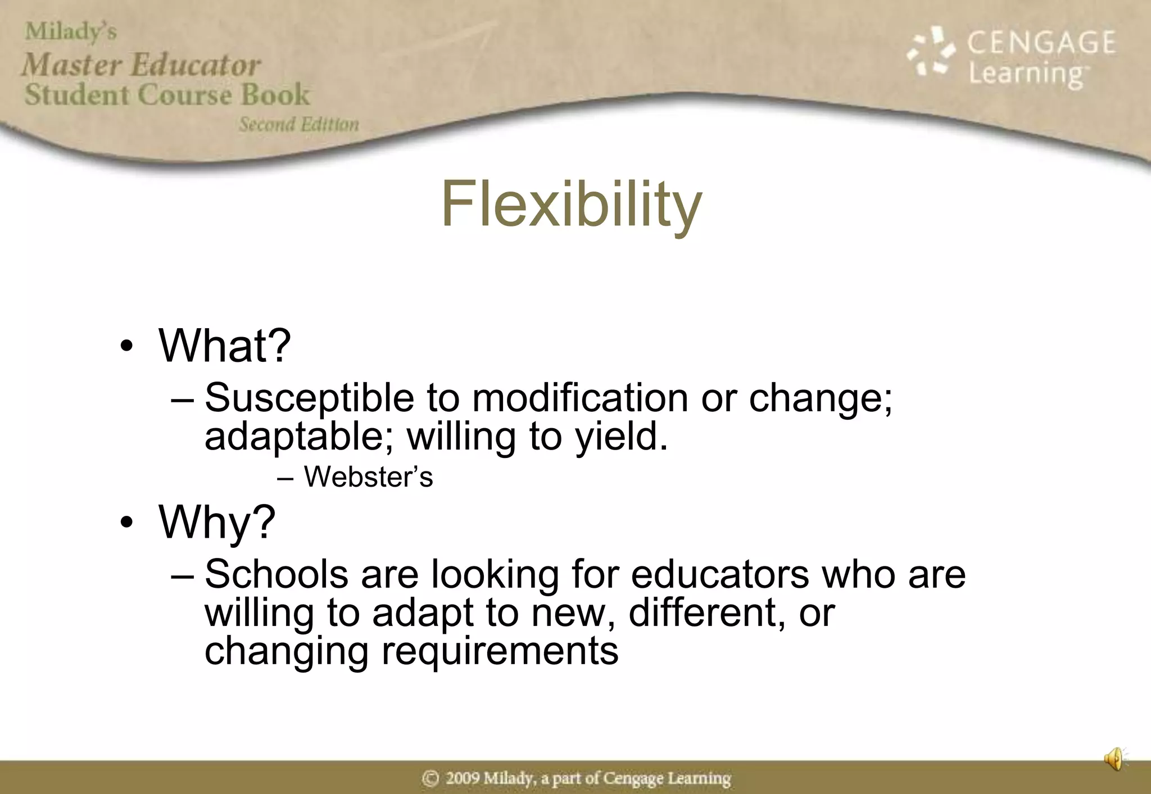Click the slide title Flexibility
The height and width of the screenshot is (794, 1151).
(571, 205)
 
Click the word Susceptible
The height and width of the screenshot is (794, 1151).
(309, 398)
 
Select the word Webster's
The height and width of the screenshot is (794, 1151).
(368, 477)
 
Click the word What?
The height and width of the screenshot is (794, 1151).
(225, 345)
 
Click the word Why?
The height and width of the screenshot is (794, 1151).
(217, 522)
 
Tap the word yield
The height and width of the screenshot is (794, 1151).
(621, 437)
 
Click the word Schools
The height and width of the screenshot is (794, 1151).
(276, 574)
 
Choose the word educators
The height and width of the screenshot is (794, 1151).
(719, 574)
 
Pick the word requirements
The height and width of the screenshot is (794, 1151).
(500, 651)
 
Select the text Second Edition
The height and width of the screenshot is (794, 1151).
(299, 124)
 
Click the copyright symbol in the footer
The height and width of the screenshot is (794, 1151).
(431, 778)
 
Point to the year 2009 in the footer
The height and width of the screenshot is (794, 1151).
(463, 778)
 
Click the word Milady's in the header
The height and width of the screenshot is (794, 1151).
(71, 31)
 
